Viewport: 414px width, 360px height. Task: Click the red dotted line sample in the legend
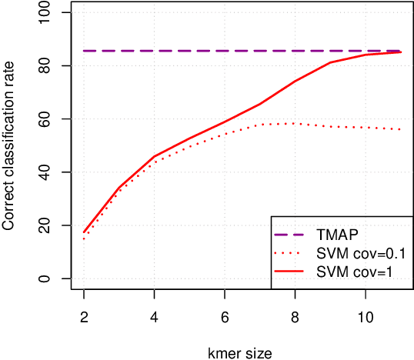tap(294, 253)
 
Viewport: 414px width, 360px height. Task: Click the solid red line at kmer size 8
tap(294, 81)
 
